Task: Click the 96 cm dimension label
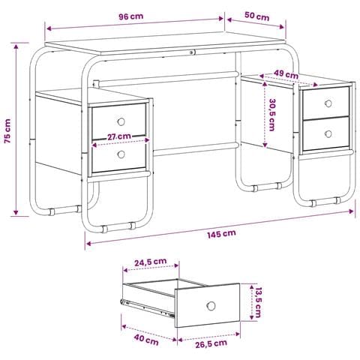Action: point(130,16)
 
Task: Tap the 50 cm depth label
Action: point(256,16)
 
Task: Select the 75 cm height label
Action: point(7,131)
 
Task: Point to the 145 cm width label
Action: point(221,234)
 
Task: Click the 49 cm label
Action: point(286,74)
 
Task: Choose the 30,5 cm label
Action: point(272,115)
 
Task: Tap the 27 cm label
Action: point(119,136)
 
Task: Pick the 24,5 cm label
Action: point(151,262)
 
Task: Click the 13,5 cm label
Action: point(258,302)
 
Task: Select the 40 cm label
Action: point(146,340)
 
